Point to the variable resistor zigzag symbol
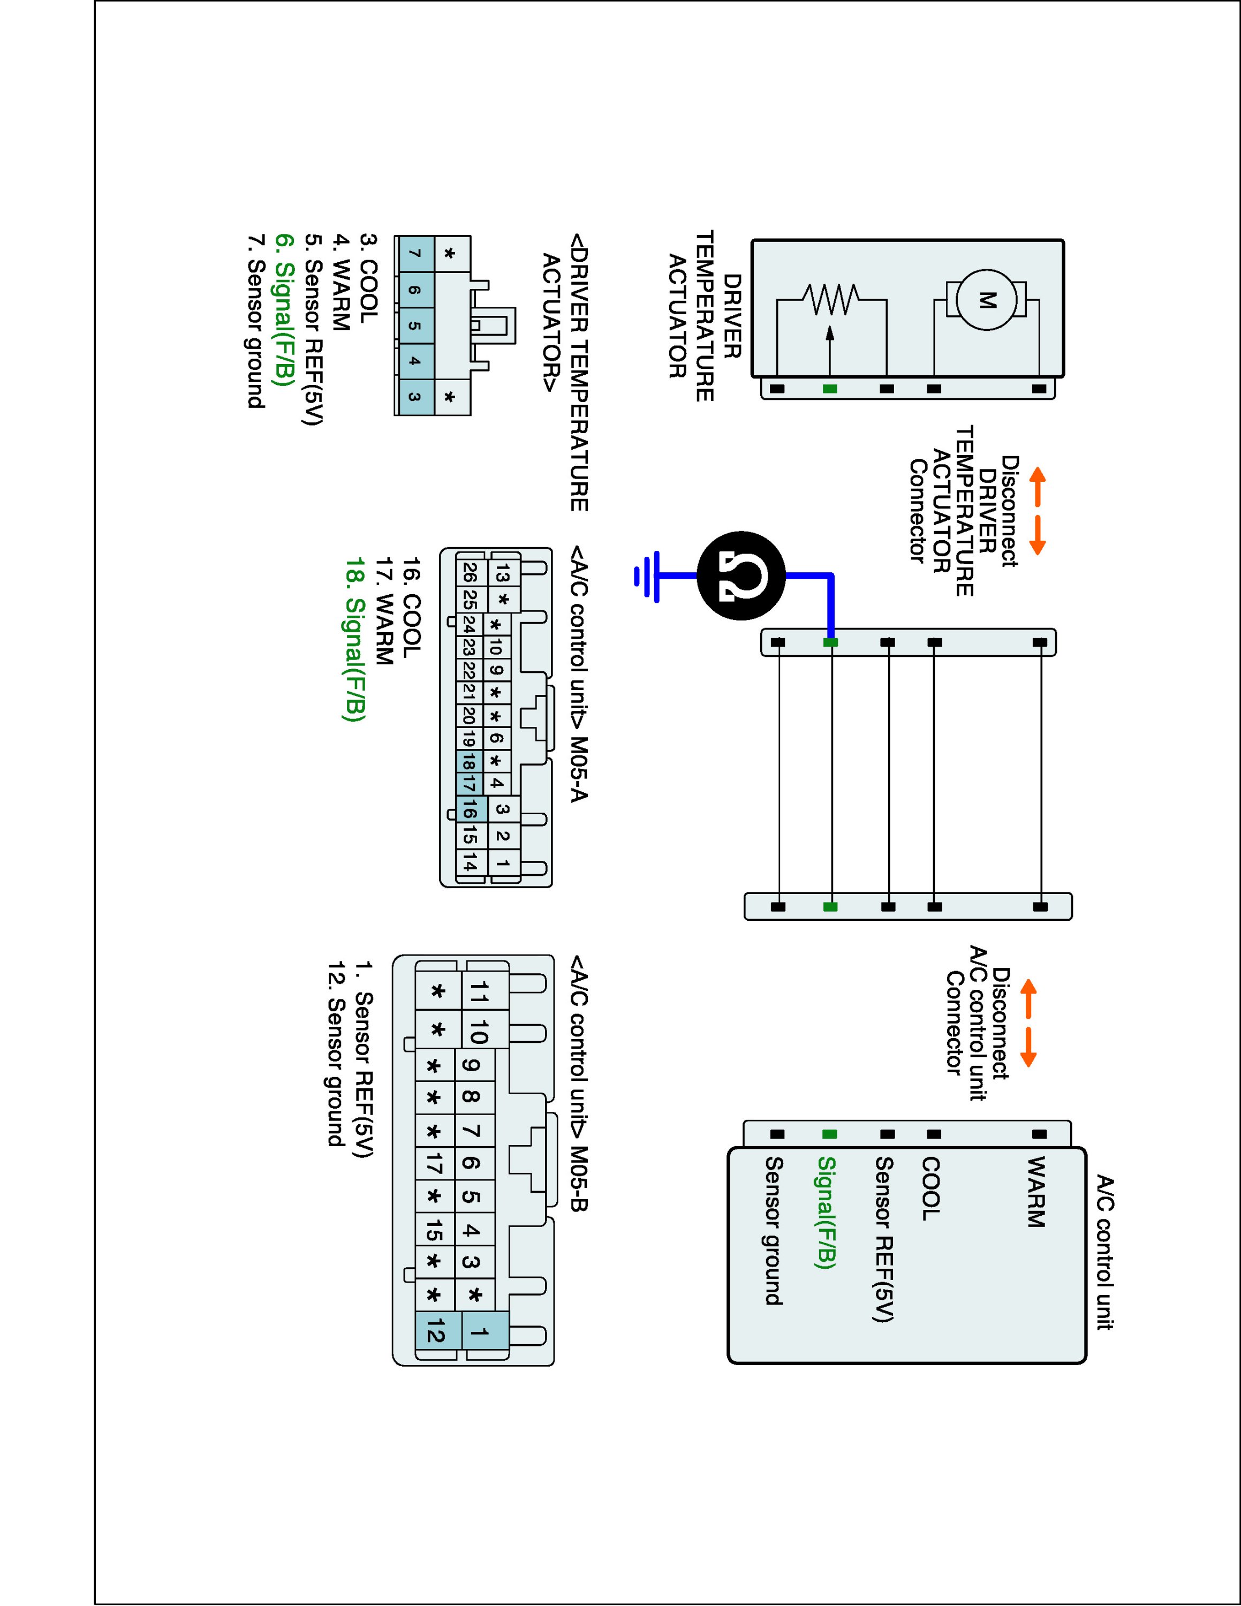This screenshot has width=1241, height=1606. pos(831,299)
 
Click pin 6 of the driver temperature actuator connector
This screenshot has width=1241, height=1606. pos(414,291)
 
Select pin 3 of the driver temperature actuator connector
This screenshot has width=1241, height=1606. pos(414,397)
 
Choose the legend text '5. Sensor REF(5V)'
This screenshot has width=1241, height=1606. pos(314,329)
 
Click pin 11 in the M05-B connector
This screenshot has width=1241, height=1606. pos(479,992)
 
